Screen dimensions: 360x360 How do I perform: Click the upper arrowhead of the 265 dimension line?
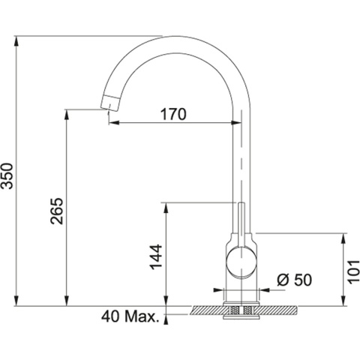click(68, 112)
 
